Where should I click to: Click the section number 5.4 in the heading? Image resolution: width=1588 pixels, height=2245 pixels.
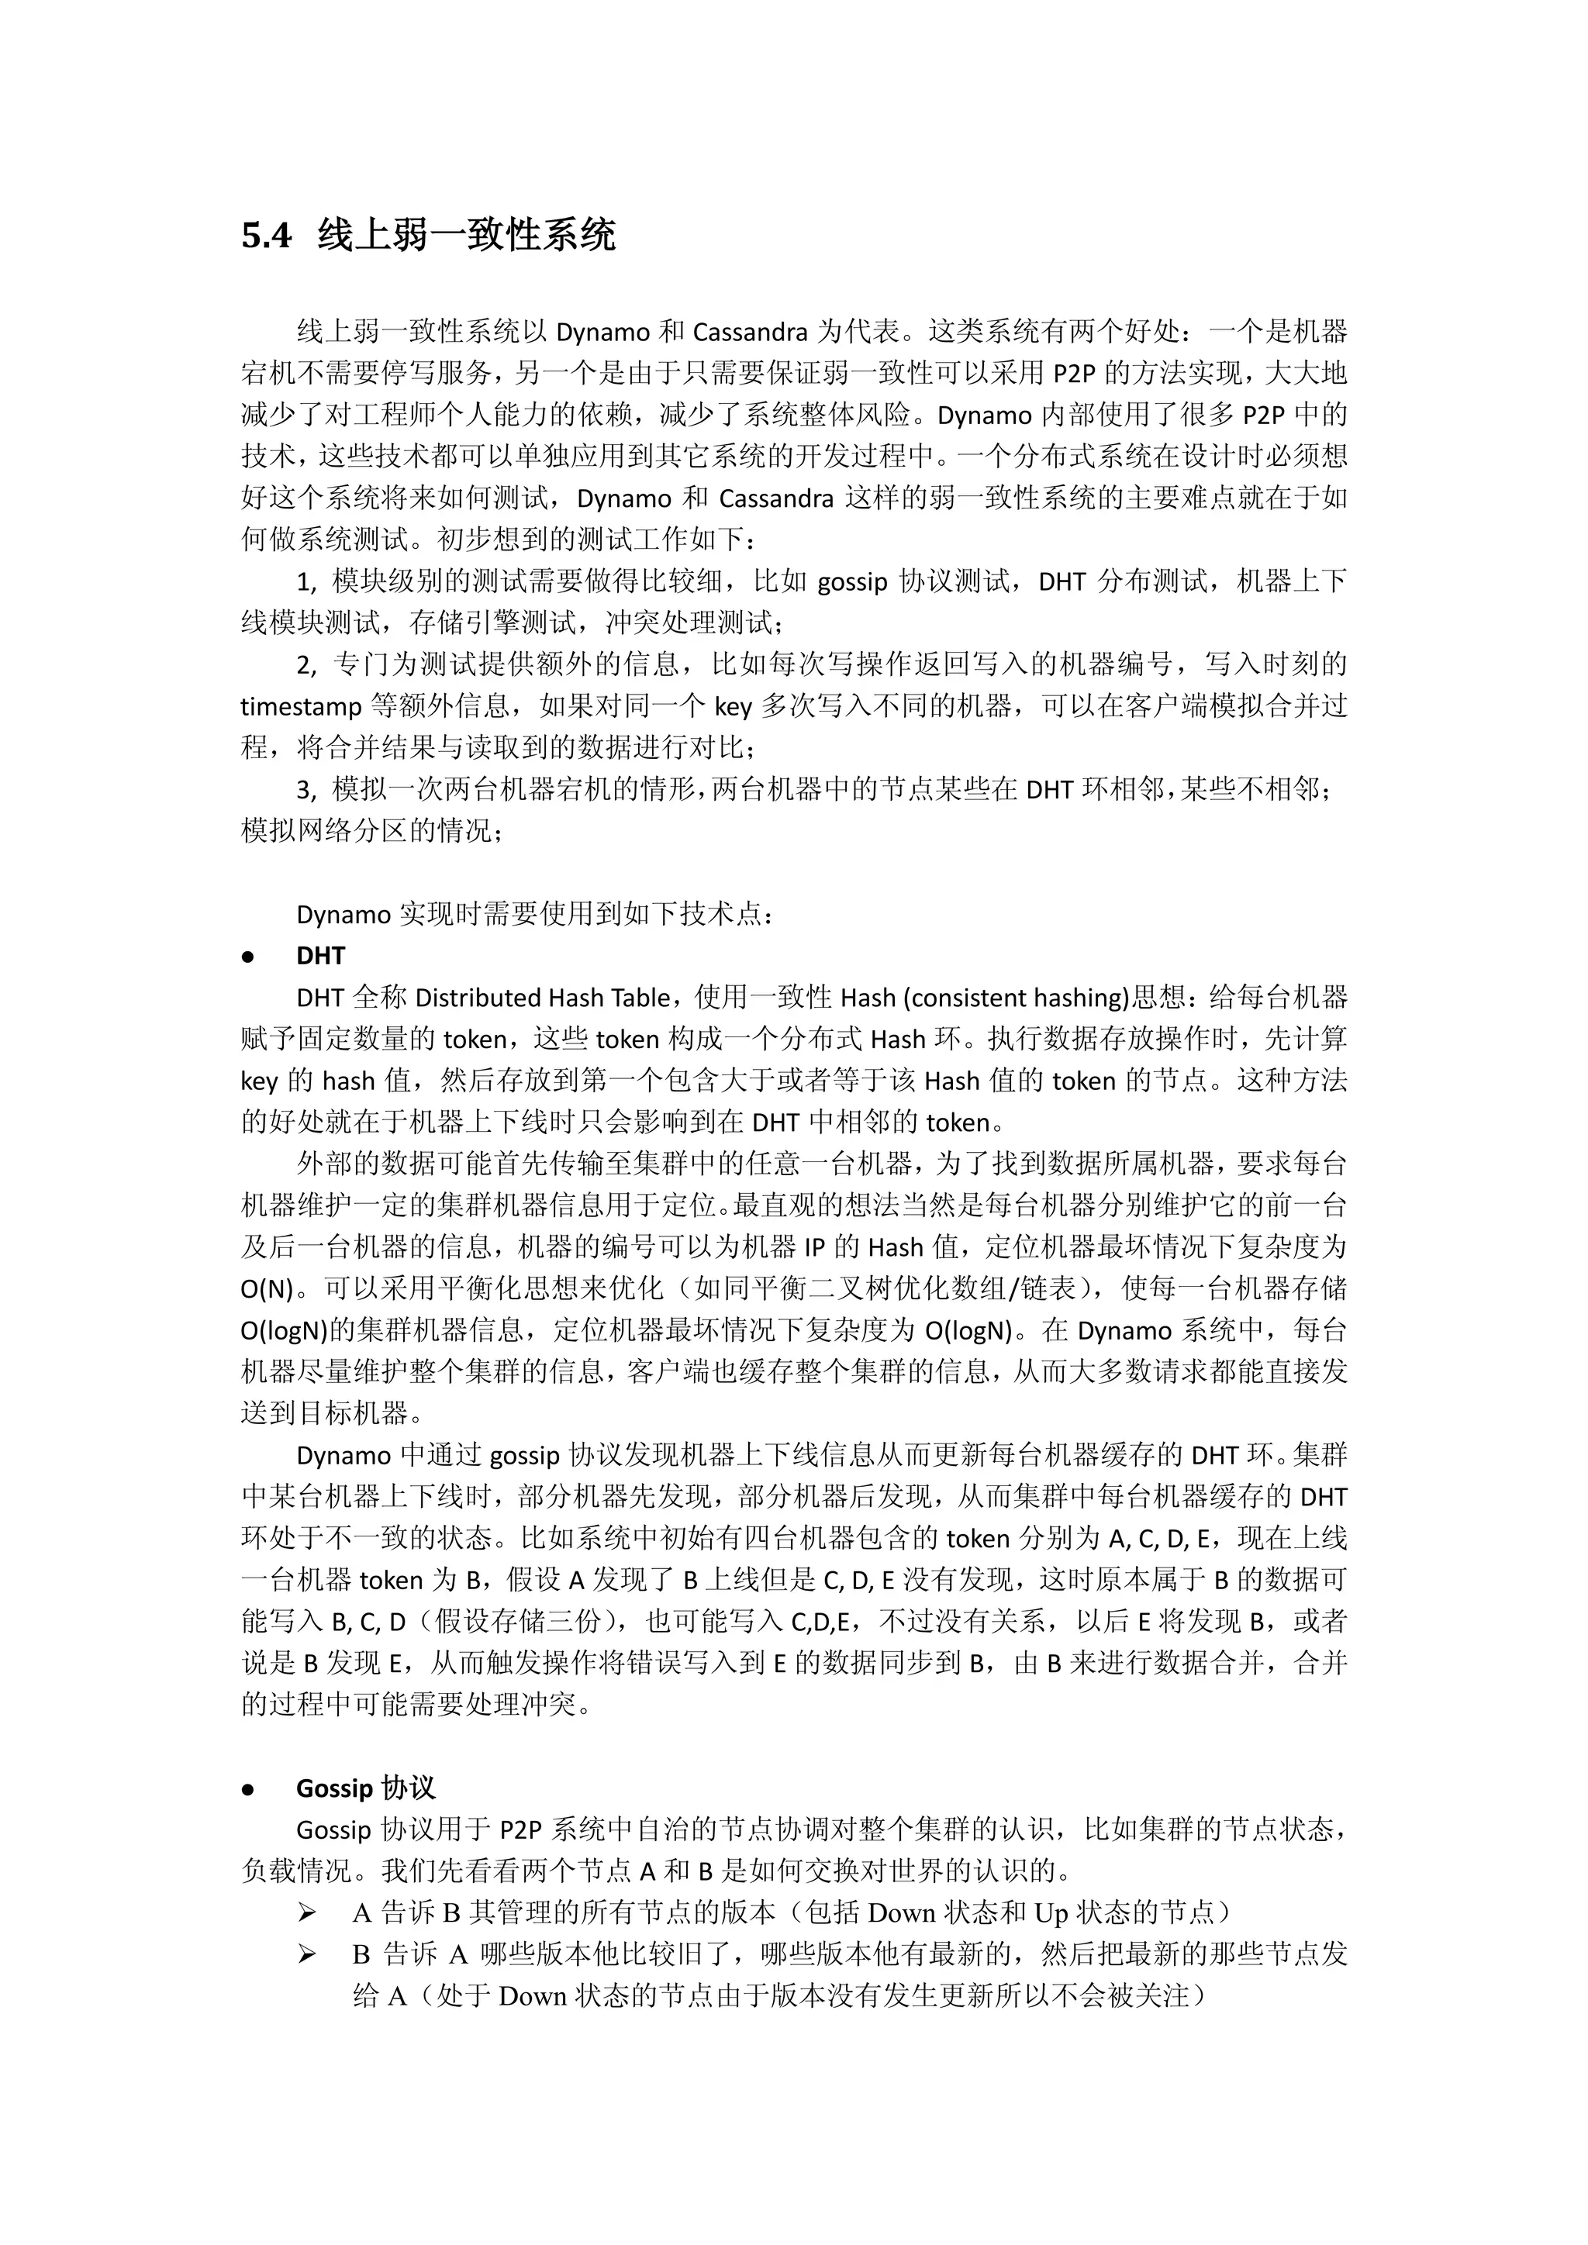pos(266,236)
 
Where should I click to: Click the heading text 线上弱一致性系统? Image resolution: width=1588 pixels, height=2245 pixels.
pos(467,236)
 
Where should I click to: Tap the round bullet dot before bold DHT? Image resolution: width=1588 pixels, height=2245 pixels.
pos(247,957)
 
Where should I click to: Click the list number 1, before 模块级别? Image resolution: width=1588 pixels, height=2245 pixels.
pos(307,581)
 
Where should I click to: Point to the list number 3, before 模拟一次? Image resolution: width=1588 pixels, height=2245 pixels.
pos(307,789)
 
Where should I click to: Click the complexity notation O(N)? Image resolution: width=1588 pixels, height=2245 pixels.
pos(267,1290)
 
